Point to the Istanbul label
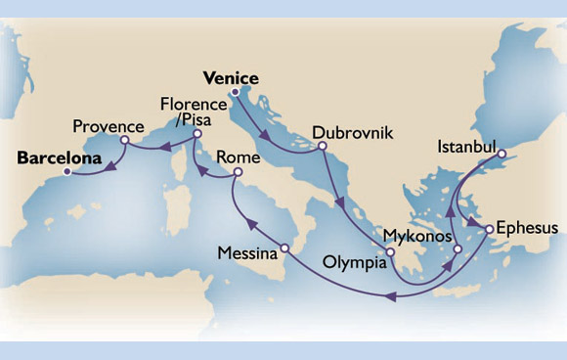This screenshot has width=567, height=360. click(x=460, y=148)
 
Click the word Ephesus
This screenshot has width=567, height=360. click(x=527, y=228)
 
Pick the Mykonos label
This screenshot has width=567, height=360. click(x=416, y=237)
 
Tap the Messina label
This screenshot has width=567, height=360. click(x=244, y=251)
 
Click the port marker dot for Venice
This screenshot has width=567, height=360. click(x=235, y=94)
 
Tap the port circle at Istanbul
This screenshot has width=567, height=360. click(x=500, y=154)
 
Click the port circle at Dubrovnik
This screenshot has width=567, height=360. click(x=321, y=149)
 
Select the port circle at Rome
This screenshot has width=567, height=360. click(x=235, y=174)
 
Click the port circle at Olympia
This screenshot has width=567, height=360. click(x=388, y=252)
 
